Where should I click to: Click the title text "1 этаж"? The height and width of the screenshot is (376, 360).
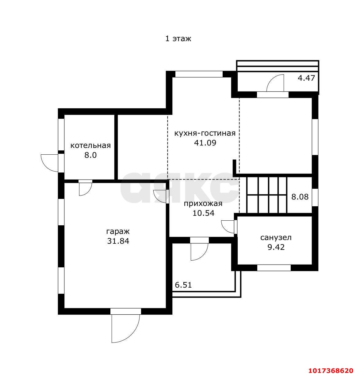(178, 39)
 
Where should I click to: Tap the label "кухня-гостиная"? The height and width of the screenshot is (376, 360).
(205, 133)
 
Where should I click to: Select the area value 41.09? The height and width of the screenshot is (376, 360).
(205, 143)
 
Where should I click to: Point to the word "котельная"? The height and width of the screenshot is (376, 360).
(90, 145)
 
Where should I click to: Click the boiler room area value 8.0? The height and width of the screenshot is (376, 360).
(90, 155)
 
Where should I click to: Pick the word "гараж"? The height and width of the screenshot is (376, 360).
(118, 231)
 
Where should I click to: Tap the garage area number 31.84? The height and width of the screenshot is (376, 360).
(118, 241)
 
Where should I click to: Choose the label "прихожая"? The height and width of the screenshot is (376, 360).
(203, 204)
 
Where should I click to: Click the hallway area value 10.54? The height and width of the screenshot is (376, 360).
(203, 213)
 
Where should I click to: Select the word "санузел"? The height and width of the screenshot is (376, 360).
(276, 238)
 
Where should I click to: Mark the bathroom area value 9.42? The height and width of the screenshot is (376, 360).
(276, 247)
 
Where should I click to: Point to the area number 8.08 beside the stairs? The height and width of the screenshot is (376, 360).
(300, 197)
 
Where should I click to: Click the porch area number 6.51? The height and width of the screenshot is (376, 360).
(183, 285)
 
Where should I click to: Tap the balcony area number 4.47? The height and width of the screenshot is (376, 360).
(306, 78)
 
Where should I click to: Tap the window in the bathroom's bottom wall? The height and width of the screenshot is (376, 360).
(274, 268)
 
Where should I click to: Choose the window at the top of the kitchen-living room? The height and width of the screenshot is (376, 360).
(199, 74)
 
